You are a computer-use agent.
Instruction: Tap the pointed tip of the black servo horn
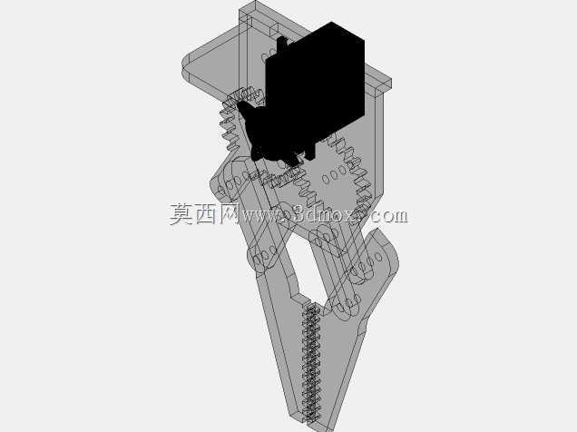pyautogui.click(x=238, y=104)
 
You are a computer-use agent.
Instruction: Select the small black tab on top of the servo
pyautogui.click(x=281, y=44)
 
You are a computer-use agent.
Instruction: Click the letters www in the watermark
pyautogui.click(x=259, y=216)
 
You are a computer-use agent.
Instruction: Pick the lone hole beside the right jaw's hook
pyautogui.click(x=379, y=257)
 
